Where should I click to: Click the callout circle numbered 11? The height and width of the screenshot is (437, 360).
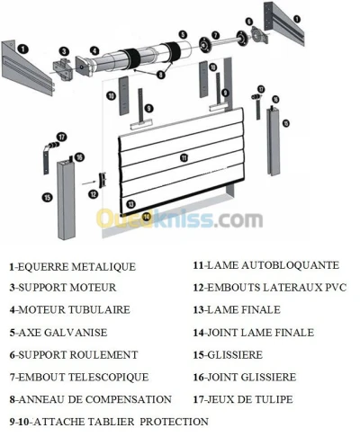click(x=184, y=157)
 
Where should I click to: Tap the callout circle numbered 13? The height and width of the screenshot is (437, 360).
click(x=130, y=204)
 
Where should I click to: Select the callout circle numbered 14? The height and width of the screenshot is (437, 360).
click(x=146, y=216)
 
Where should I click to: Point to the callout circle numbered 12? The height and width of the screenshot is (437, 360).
click(x=94, y=194)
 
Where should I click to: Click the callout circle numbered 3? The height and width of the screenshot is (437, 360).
click(x=64, y=51)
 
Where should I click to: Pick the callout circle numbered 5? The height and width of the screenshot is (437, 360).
click(x=183, y=34)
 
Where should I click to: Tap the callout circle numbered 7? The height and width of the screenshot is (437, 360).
click(x=215, y=35)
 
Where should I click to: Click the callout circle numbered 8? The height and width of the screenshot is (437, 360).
click(x=161, y=75)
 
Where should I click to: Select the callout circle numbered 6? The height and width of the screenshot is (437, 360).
click(x=249, y=22)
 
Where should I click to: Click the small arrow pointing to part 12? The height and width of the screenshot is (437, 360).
click(x=87, y=183)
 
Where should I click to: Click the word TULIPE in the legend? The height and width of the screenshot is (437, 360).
click(x=274, y=399)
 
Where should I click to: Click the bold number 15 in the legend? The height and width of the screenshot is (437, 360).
click(x=198, y=355)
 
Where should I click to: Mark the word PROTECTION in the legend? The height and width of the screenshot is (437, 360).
click(x=174, y=422)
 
